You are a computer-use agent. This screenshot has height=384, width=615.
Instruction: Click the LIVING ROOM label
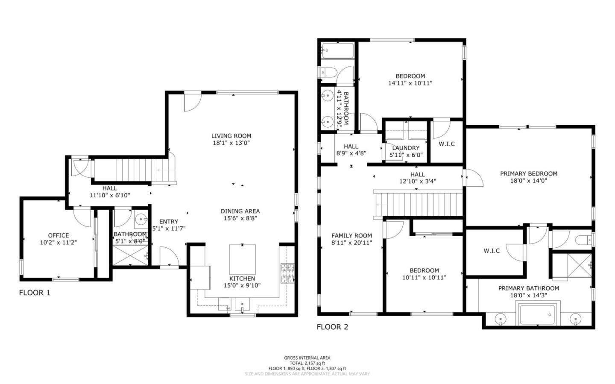(231, 136)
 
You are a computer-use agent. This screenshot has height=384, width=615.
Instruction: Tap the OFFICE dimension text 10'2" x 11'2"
(59, 243)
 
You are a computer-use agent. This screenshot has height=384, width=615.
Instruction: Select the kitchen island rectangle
(242, 259)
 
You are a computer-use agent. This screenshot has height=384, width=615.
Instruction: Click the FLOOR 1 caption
(35, 293)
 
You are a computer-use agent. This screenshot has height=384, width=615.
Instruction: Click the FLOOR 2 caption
(332, 327)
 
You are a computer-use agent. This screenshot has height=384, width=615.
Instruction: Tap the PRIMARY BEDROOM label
(528, 173)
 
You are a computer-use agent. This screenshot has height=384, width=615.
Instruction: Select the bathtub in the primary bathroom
(537, 315)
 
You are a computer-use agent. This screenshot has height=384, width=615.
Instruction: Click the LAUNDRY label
(406, 148)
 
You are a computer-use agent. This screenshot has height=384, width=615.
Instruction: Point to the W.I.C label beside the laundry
(447, 144)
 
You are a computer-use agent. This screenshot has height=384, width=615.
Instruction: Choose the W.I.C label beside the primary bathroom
(492, 251)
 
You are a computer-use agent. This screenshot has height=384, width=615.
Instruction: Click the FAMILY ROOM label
(351, 235)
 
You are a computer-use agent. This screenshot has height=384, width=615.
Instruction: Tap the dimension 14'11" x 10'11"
(410, 83)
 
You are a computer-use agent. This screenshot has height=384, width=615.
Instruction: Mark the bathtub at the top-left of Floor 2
(337, 51)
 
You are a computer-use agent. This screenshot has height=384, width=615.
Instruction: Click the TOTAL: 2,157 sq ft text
(307, 363)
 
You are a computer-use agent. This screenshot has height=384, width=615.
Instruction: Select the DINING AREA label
(240, 211)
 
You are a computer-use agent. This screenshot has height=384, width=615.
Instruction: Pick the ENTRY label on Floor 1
(168, 221)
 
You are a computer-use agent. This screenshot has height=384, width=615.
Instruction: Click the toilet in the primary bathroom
(583, 239)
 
